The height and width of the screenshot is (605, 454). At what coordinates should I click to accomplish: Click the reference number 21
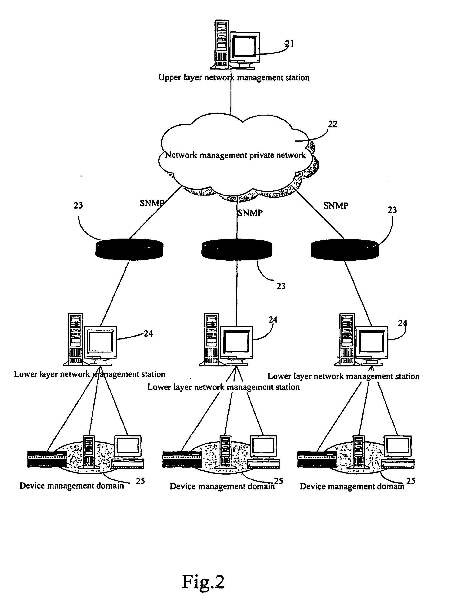pos(289,44)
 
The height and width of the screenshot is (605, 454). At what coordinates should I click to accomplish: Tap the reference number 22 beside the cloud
pos(333,124)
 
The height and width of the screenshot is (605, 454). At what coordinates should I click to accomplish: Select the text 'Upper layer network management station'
pos(234,78)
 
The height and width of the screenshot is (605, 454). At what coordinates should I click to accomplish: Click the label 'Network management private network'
pos(236,155)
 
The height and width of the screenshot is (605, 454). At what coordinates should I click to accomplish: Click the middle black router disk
pos(237,249)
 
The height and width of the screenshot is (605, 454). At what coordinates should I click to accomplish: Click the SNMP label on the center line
pos(250,213)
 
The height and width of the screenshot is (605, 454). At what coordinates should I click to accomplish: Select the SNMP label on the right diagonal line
pos(336,205)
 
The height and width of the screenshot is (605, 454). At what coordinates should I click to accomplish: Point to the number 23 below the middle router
pos(281,286)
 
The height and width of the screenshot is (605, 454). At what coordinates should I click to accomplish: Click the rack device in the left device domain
pos(47,459)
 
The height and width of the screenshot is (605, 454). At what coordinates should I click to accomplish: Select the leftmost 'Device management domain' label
pos(72,486)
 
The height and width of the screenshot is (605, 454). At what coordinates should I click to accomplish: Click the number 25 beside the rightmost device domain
pos(411,481)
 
